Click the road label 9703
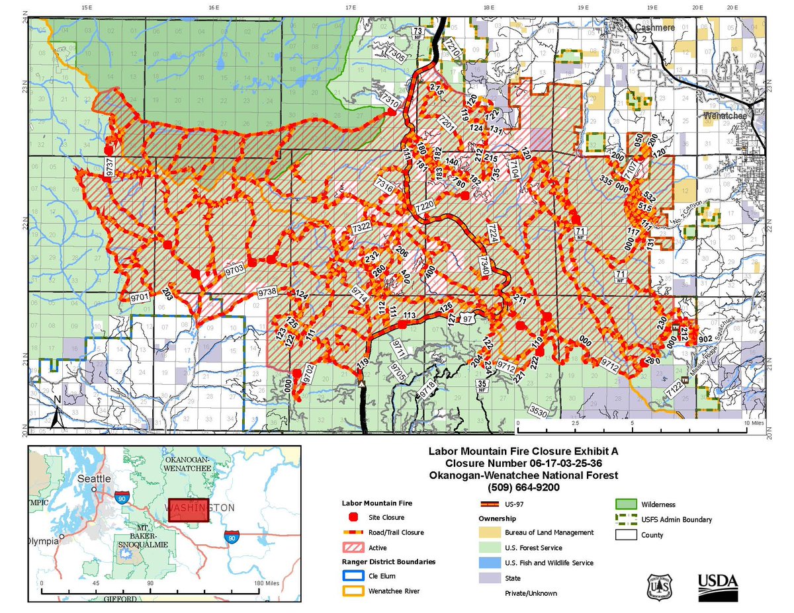click(235, 269)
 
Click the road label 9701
click(140, 298)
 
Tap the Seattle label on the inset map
click(91, 478)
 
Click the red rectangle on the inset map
click(187, 511)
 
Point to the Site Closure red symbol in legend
click(353, 517)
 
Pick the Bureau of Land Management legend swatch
click(489, 532)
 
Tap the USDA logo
click(718, 581)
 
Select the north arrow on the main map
click(58, 410)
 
